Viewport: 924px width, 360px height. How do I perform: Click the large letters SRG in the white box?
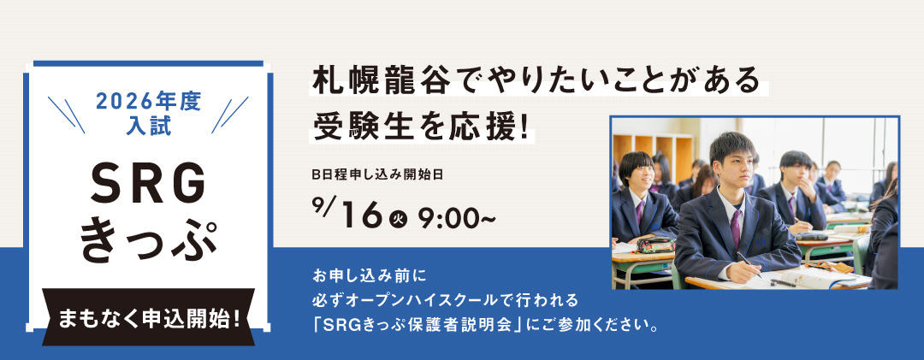click(148, 182)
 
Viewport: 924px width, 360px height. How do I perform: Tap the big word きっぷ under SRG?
click(149, 241)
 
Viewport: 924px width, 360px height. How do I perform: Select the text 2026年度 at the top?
click(148, 103)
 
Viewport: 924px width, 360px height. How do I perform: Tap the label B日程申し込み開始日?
click(378, 175)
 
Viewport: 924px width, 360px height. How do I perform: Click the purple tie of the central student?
click(736, 229)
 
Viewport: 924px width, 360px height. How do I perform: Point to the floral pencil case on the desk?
click(655, 245)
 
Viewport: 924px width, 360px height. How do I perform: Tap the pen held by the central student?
click(748, 264)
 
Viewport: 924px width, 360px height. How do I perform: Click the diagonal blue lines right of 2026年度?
click(230, 115)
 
